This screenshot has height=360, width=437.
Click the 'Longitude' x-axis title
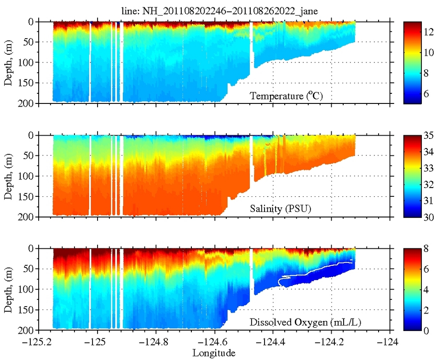pos(214,353)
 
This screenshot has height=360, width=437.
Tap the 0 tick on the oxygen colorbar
pos(426,330)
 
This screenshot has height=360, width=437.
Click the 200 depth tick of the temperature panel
pos(29,103)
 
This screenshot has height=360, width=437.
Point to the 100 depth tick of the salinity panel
pos(29,176)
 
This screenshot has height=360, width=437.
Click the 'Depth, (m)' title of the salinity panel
pos(9,176)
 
